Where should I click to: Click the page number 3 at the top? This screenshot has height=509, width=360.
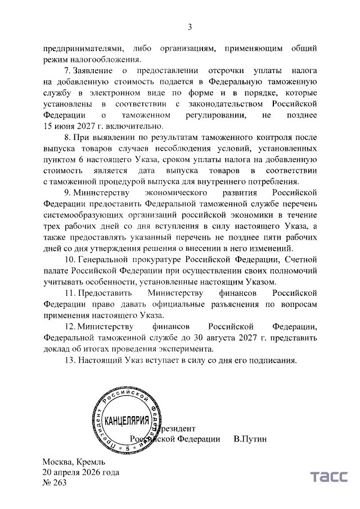click(190, 26)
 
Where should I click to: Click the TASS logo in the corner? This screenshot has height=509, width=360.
click(329, 477)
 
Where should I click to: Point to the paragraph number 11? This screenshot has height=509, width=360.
click(69, 292)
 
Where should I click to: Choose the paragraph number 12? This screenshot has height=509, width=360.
click(69, 326)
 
